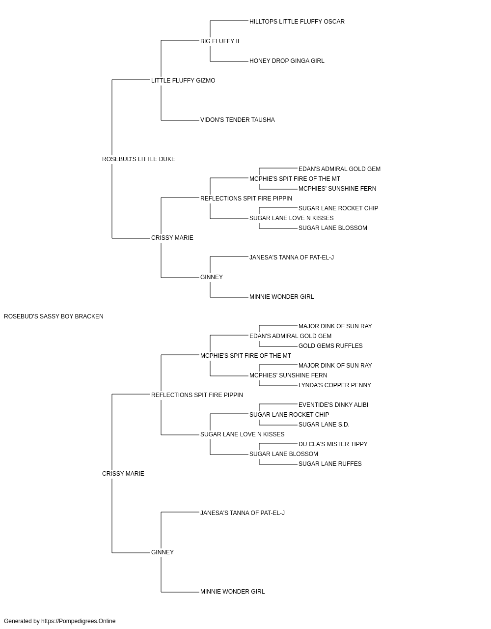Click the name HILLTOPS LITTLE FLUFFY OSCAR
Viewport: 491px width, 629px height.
tap(297, 22)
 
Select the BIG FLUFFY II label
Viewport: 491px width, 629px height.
tap(219, 41)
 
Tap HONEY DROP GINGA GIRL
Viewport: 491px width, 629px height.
tap(287, 61)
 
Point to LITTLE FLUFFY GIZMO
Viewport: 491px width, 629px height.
tap(183, 81)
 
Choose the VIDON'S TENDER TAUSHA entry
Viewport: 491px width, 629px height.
tap(238, 120)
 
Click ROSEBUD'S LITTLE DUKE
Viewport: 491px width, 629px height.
tap(138, 159)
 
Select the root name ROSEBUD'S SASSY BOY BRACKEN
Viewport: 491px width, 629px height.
tap(54, 316)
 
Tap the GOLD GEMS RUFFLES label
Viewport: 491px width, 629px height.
tap(330, 346)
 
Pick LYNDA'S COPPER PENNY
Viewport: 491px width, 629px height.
tap(334, 385)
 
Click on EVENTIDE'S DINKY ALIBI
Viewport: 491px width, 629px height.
tap(333, 405)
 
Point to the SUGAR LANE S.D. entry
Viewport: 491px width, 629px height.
tap(324, 425)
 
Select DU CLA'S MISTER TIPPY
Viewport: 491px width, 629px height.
tap(333, 444)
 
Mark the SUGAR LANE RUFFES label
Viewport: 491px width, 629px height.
tap(330, 464)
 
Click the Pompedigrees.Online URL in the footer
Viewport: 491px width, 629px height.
tap(78, 621)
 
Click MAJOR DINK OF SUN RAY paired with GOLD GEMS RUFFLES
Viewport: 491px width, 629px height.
tap(335, 326)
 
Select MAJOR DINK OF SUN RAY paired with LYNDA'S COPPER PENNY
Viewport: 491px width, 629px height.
tap(335, 366)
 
